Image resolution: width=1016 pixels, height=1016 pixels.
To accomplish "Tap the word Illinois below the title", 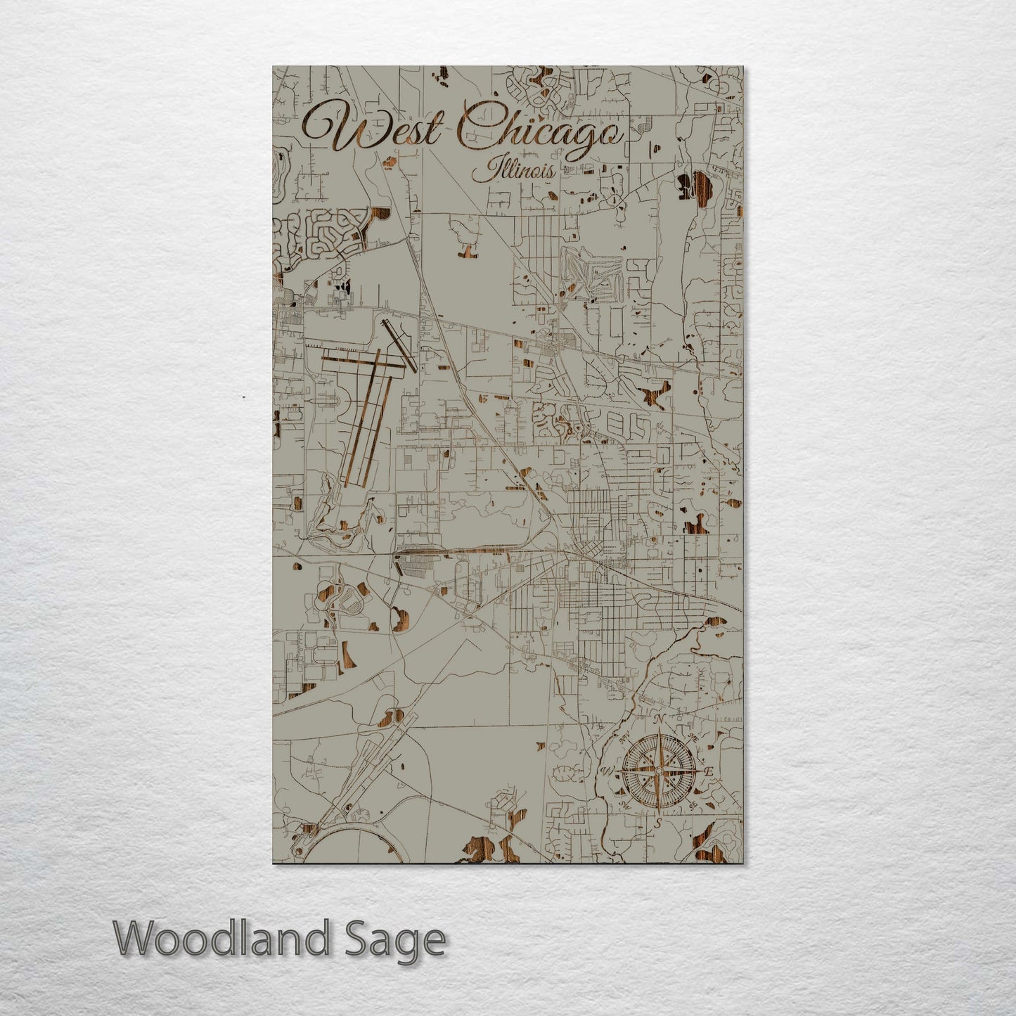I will [x=513, y=171].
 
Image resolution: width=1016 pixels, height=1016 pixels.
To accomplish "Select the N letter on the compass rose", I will [x=659, y=719].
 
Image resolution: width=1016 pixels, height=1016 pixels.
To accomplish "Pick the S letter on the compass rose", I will [x=658, y=822].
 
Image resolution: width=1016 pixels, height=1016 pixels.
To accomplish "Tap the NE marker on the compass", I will [x=693, y=737].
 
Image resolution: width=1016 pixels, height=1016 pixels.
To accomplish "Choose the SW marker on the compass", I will [x=624, y=806].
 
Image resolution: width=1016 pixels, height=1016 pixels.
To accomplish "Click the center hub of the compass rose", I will [x=658, y=771].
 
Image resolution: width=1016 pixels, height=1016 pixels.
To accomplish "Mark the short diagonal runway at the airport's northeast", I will [x=399, y=345].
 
